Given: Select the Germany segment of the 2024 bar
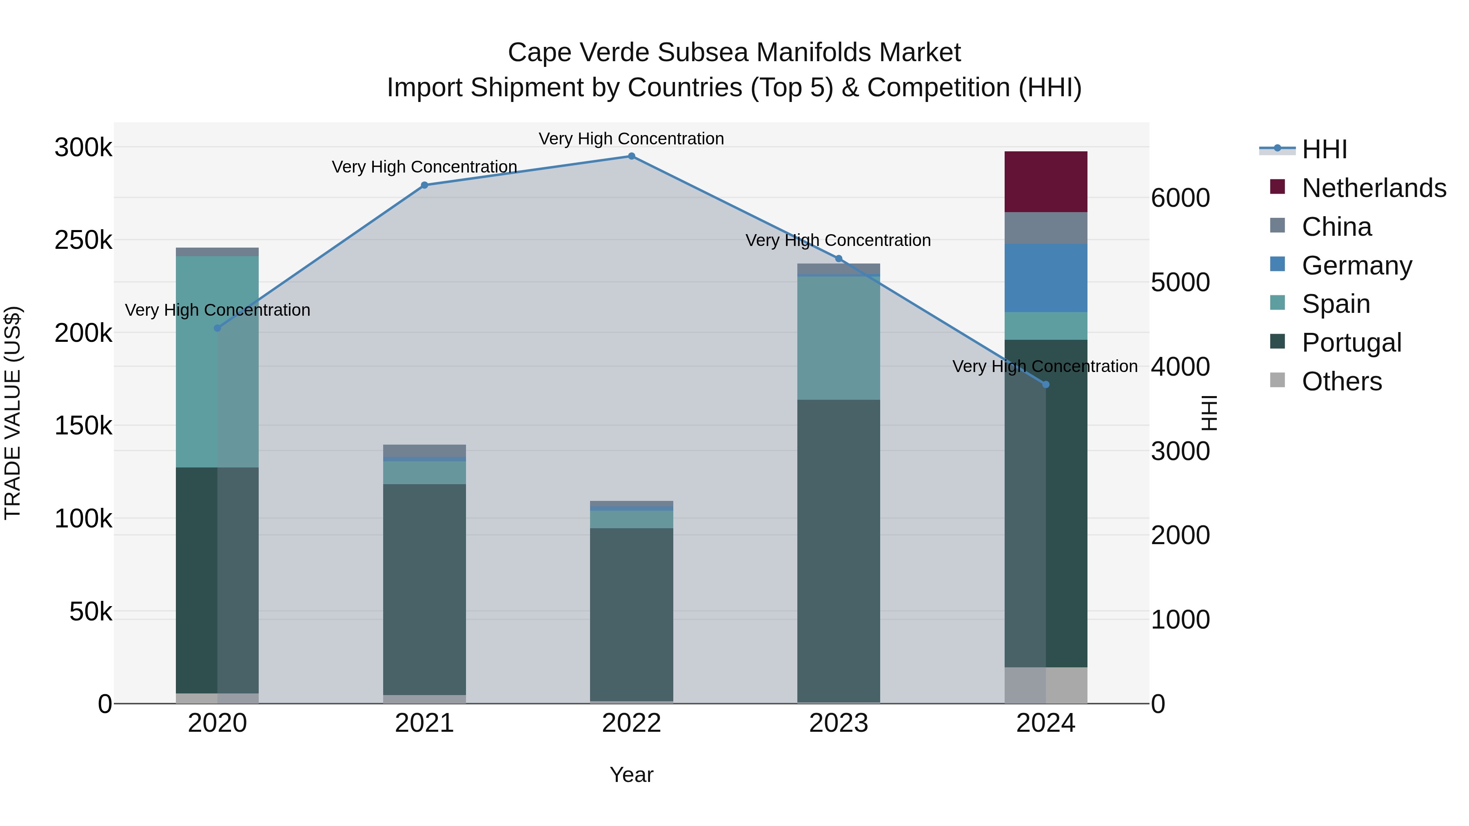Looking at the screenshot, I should pos(1045,278).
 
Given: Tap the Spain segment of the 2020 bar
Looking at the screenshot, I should pos(217,361).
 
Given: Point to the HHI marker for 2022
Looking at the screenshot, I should pos(631,156).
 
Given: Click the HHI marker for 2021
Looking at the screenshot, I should pos(424,185).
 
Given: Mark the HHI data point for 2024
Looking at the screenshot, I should pos(1045,385).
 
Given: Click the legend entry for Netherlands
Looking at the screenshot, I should pos(1373,188).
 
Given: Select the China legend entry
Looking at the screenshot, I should pos(1336,227).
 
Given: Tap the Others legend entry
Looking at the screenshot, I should pos(1341,381).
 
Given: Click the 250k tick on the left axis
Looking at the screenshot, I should pos(83,240).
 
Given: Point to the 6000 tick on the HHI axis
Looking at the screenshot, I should pos(1180,198).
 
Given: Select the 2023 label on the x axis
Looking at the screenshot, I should pos(838,723).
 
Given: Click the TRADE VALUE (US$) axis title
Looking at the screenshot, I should pos(13,413).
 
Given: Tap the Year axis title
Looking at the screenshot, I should pos(631,775).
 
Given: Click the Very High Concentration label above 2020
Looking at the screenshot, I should pos(217,310).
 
